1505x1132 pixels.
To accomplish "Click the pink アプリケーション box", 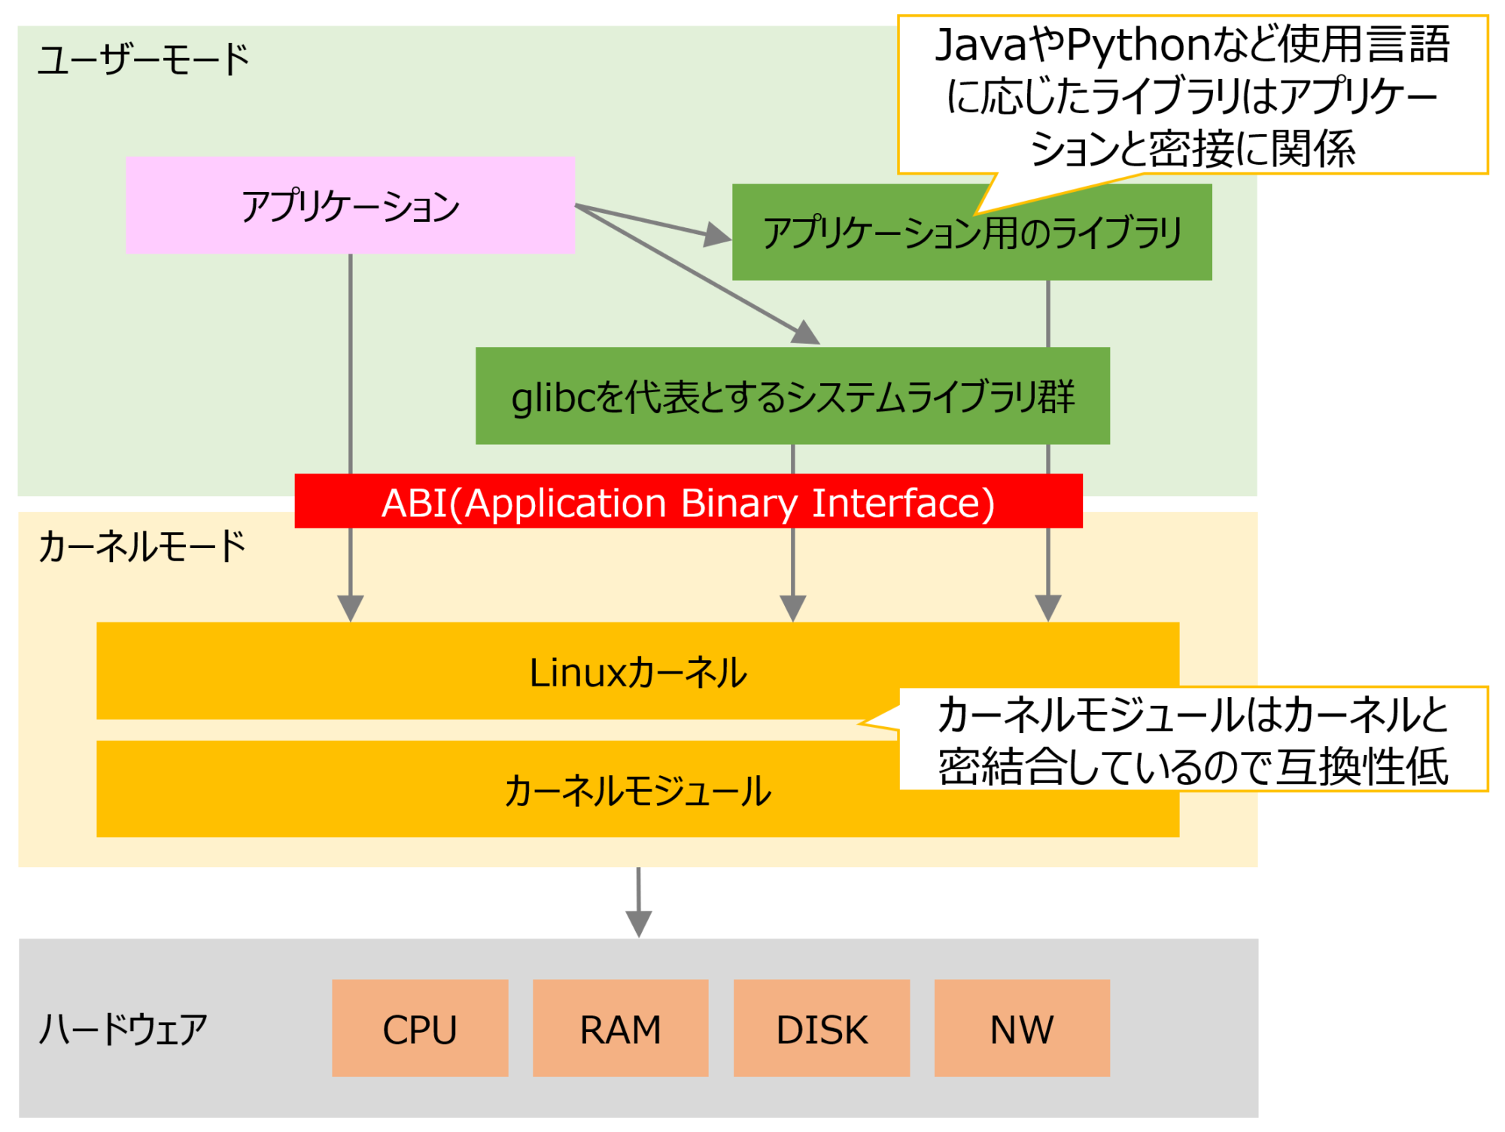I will click(350, 205).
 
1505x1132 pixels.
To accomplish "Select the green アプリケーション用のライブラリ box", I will click(971, 233).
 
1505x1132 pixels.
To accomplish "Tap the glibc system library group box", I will click(792, 397).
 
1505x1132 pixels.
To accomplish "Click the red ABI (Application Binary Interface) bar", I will click(688, 502).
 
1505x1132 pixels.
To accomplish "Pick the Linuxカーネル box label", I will click(637, 672).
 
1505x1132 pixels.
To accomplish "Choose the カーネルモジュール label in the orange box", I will click(637, 791).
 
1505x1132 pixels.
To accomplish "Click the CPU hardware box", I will click(420, 1029).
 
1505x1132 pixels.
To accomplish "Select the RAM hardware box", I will click(620, 1029).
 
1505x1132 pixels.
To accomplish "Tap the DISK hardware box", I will click(821, 1029).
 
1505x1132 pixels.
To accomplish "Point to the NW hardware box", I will click(1021, 1029).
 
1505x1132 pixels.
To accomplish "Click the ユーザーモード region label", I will click(143, 60).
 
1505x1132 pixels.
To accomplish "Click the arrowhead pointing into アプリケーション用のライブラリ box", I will click(718, 236).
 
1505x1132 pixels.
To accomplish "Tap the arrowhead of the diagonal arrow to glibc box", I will click(806, 333).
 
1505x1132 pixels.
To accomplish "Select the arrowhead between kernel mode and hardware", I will click(638, 924).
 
